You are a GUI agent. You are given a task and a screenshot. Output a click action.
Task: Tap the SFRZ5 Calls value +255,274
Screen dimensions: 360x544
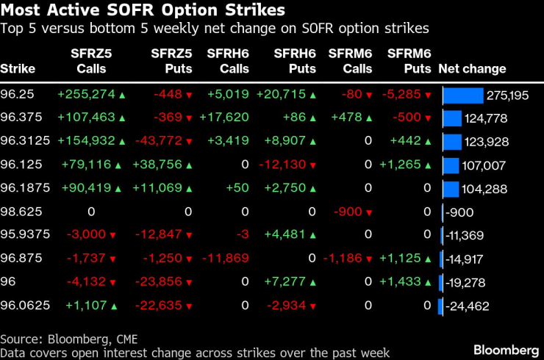pyautogui.click(x=87, y=96)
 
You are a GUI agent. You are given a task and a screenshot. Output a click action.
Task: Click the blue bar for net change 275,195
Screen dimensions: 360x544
pyautogui.click(x=462, y=96)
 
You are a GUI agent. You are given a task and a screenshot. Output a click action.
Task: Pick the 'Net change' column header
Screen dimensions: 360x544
pyautogui.click(x=472, y=68)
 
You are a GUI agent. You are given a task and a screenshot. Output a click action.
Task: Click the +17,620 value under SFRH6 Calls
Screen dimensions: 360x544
pyautogui.click(x=225, y=118)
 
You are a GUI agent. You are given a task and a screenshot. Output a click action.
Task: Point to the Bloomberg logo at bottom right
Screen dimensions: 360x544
pyautogui.click(x=505, y=348)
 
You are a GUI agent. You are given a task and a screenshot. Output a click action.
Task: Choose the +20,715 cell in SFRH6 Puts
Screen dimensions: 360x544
pyautogui.click(x=282, y=96)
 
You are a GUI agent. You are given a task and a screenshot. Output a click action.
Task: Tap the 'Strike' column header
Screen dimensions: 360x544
pyautogui.click(x=18, y=68)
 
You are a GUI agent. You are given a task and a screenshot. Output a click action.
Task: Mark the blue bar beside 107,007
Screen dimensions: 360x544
pyautogui.click(x=451, y=165)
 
